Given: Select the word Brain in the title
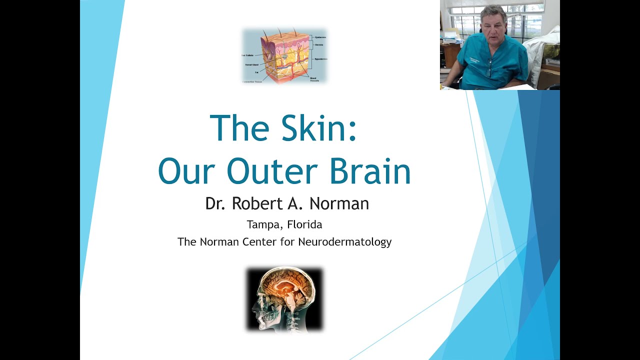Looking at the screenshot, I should (369, 171).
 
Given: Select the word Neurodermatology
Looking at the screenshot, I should (344, 242).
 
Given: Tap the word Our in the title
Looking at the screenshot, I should (183, 171).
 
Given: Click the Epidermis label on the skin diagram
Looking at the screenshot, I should (320, 37).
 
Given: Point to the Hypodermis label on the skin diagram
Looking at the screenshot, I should (321, 59).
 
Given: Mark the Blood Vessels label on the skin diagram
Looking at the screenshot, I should (314, 79).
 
